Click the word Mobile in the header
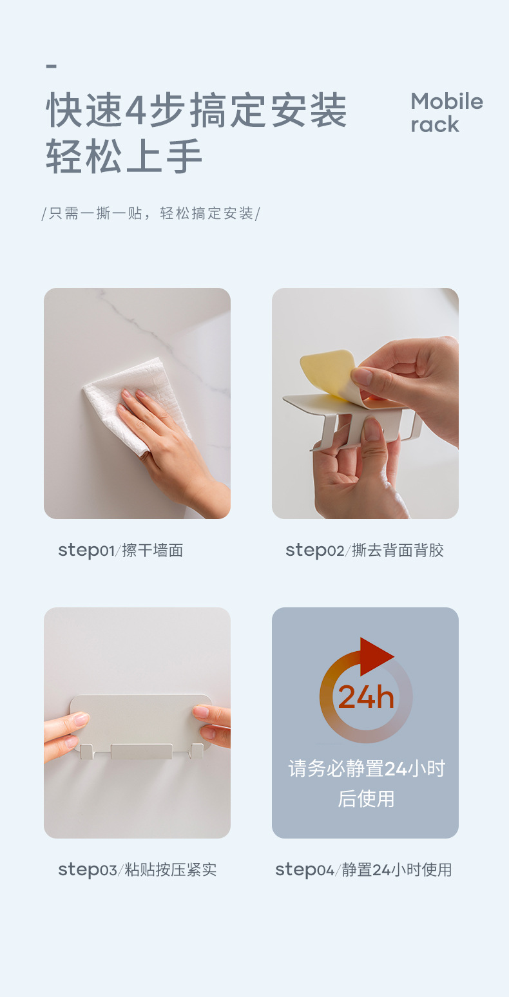coord(447,102)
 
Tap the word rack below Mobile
coord(435,125)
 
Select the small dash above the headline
coord(52,66)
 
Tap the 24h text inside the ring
coord(366,697)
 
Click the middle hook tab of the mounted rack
coord(142,752)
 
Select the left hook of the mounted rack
coord(87,752)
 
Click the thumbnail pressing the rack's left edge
coord(81,718)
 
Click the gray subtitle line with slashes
coord(151,214)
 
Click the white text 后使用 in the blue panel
coord(366,799)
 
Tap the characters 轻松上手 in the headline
coord(124,156)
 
